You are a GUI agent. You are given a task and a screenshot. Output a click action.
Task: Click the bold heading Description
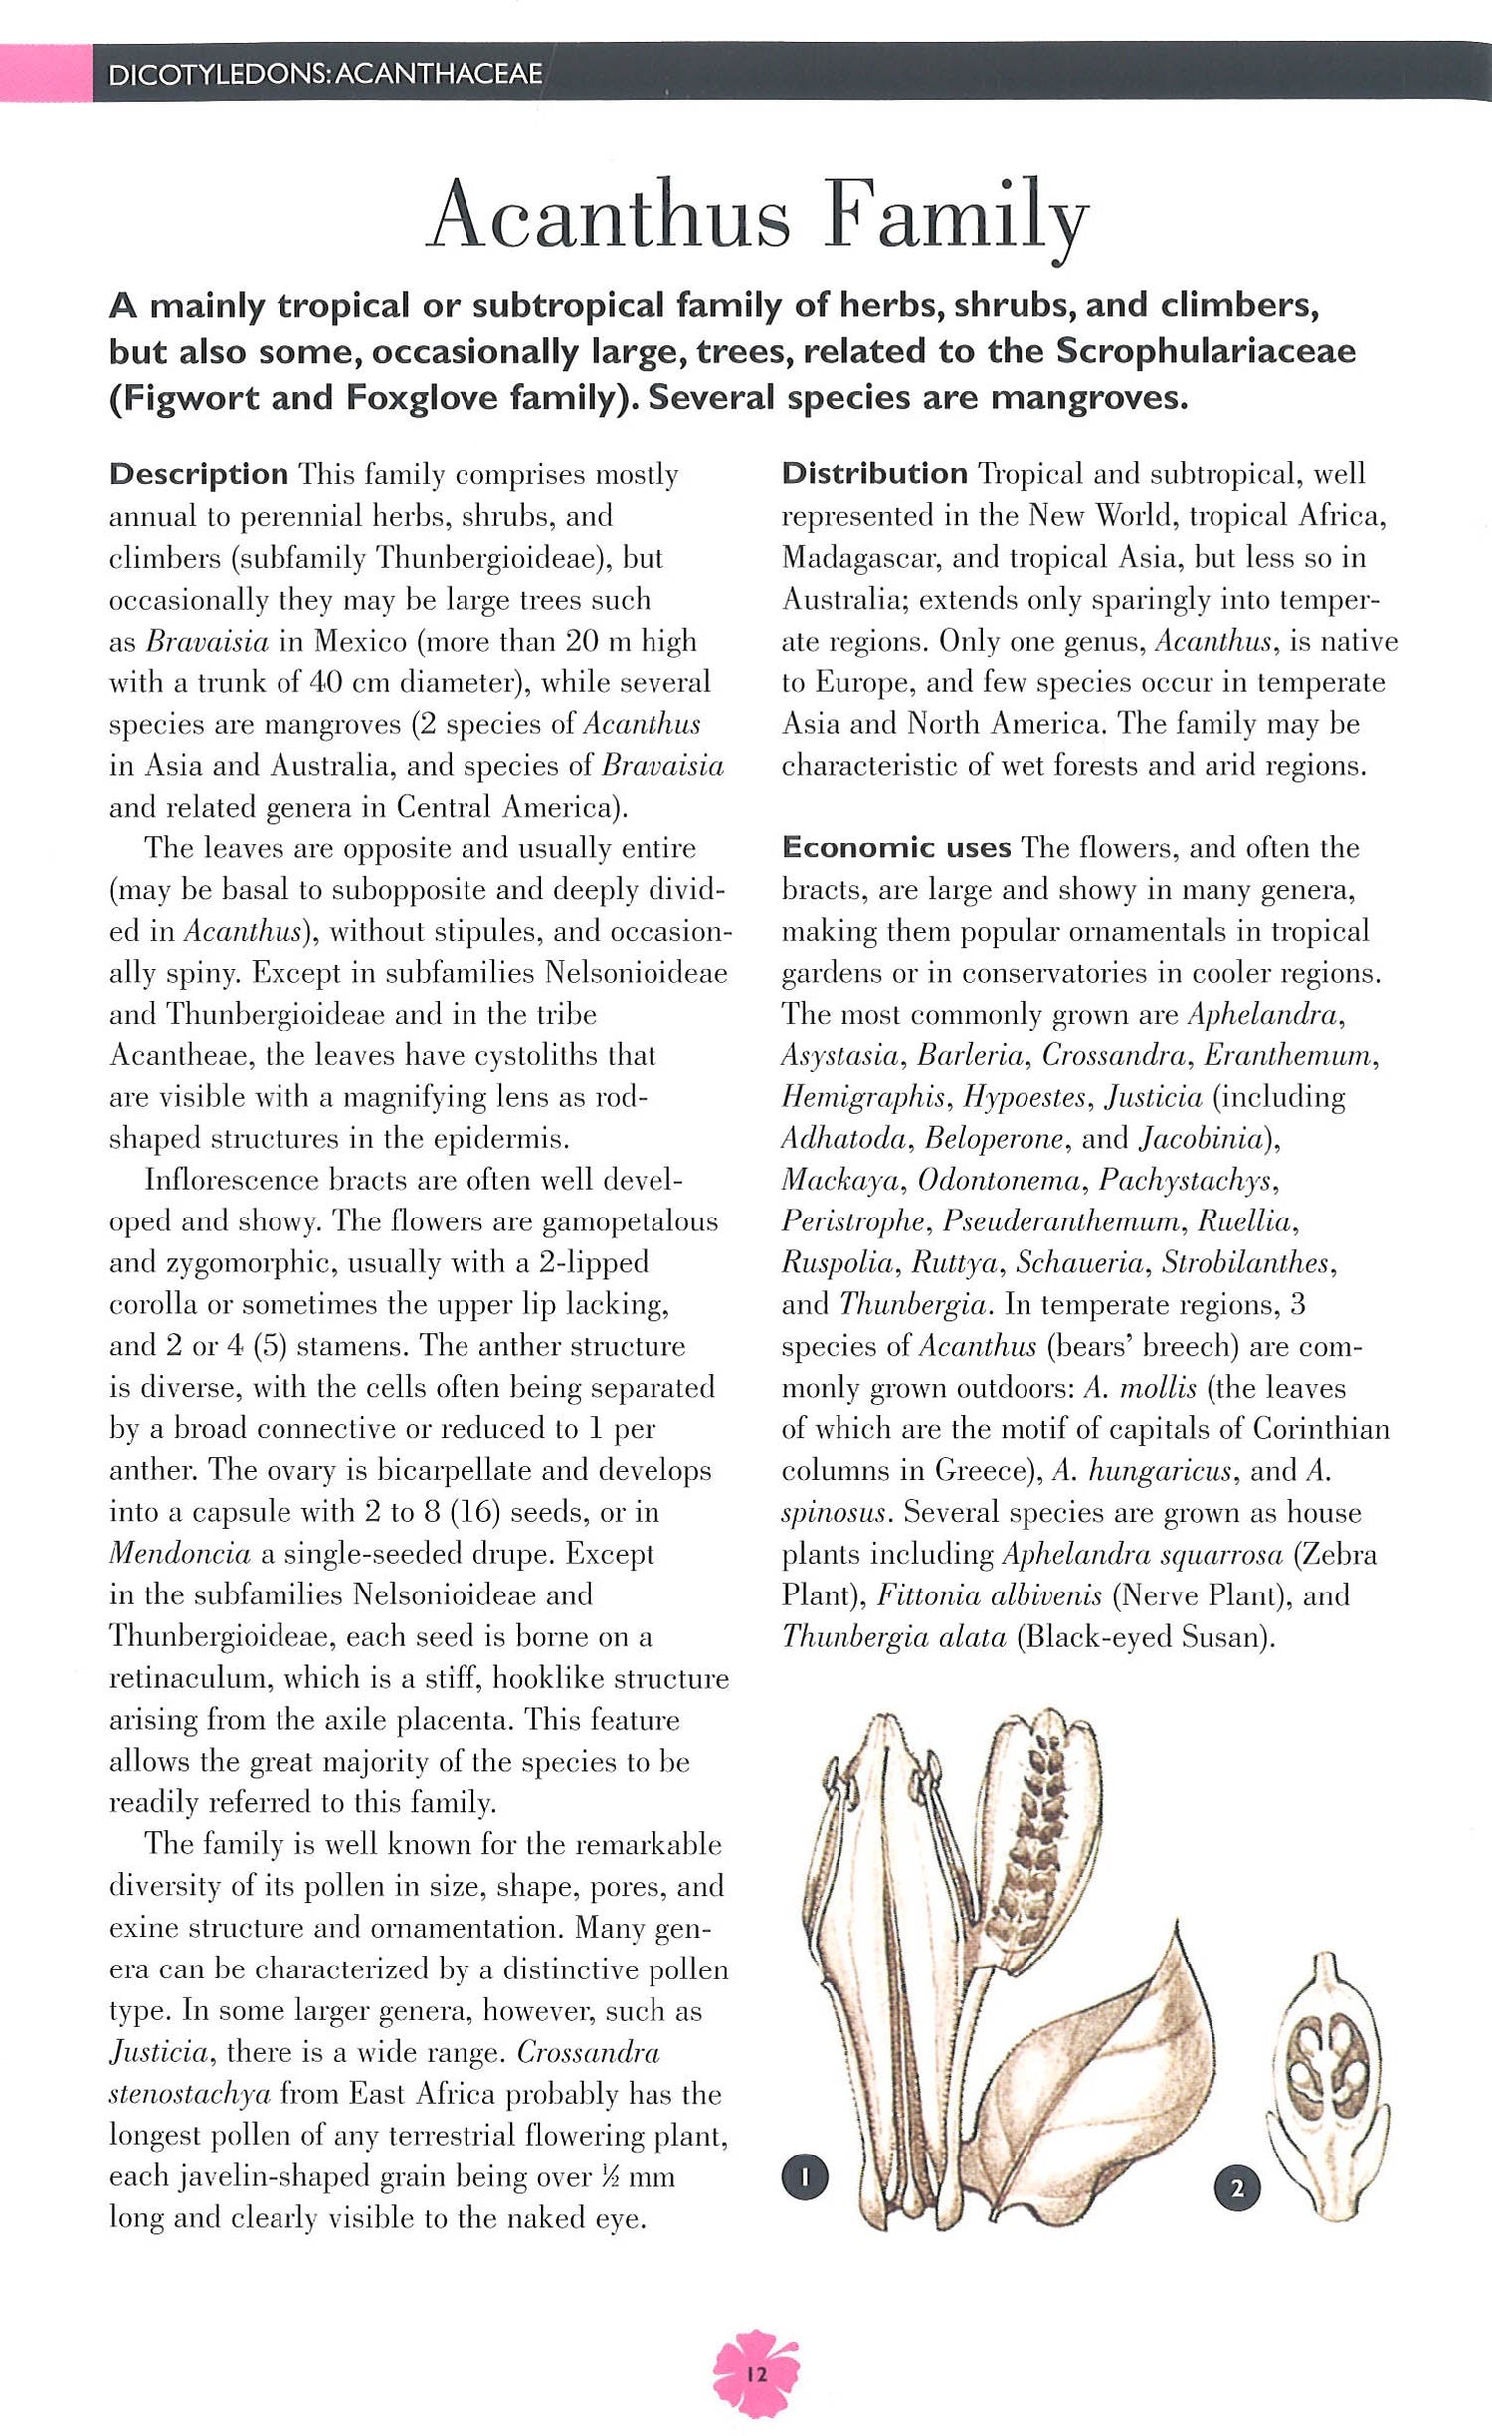tap(199, 473)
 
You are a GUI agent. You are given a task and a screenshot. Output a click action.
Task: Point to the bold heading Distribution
tap(873, 473)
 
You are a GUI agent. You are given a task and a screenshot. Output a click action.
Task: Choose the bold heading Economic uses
tap(895, 847)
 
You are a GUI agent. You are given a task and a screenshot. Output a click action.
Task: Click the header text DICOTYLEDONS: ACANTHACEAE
tap(325, 74)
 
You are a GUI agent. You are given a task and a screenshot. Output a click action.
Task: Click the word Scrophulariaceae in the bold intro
tap(1206, 351)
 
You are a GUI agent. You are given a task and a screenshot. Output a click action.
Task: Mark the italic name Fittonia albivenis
tap(989, 1595)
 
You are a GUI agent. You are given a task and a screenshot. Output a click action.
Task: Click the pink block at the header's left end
tap(46, 74)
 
